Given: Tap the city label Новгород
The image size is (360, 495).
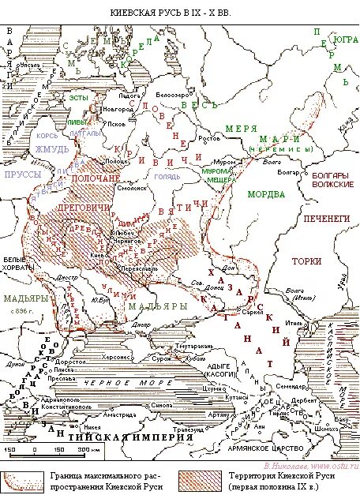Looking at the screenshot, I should pyautogui.click(x=118, y=108).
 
